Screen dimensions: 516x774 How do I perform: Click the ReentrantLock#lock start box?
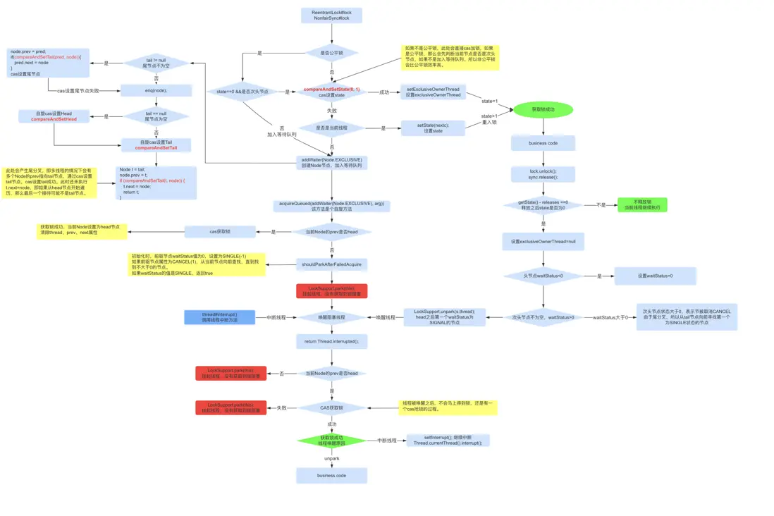pyautogui.click(x=331, y=16)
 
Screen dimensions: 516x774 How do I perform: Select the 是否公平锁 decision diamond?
pyautogui.click(x=331, y=53)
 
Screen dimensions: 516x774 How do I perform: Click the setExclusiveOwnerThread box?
pyautogui.click(x=432, y=92)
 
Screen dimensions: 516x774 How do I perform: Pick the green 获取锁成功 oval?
pyautogui.click(x=543, y=110)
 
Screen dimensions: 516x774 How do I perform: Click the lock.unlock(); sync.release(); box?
pyautogui.click(x=543, y=174)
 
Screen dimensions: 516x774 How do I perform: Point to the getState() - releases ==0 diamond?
pyautogui.click(x=543, y=205)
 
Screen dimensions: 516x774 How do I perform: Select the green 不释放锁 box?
pyautogui.click(x=642, y=205)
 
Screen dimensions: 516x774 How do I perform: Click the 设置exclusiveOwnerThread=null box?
pyautogui.click(x=543, y=241)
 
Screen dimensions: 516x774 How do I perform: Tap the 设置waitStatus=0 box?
pyautogui.click(x=655, y=276)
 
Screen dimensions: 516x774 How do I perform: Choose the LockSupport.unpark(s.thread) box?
pyautogui.click(x=444, y=317)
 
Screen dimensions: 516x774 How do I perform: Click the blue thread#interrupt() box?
pyautogui.click(x=220, y=317)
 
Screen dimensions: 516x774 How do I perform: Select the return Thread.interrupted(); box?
pyautogui.click(x=331, y=341)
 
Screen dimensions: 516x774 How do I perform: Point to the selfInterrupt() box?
pyautogui.click(x=448, y=441)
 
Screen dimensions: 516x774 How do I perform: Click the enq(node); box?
pyautogui.click(x=156, y=90)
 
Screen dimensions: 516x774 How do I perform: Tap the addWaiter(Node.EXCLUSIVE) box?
pyautogui.click(x=331, y=163)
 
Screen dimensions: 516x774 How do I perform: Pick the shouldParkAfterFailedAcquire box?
pyautogui.click(x=331, y=264)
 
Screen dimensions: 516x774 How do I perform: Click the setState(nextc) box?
pyautogui.click(x=432, y=128)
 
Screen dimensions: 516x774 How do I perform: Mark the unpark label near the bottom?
pyautogui.click(x=331, y=458)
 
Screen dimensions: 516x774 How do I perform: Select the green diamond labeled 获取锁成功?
pyautogui.click(x=331, y=441)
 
